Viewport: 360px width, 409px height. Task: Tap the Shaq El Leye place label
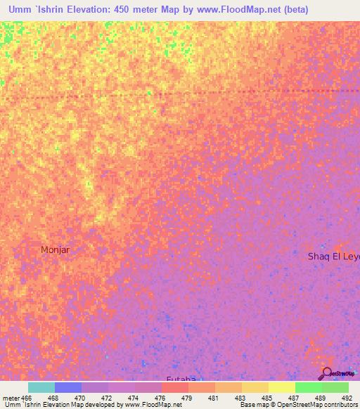point(333,257)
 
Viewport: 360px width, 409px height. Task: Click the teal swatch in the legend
point(41,387)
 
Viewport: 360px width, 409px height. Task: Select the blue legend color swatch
point(68,387)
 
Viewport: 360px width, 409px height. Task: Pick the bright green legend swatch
point(308,387)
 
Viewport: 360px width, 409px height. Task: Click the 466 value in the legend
point(27,398)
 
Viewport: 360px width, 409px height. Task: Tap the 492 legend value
point(347,398)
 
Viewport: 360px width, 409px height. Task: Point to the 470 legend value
point(81,398)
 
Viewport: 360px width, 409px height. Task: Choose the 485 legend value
point(268,398)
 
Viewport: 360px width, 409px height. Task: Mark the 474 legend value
point(134,398)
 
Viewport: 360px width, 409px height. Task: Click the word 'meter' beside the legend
point(10,398)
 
